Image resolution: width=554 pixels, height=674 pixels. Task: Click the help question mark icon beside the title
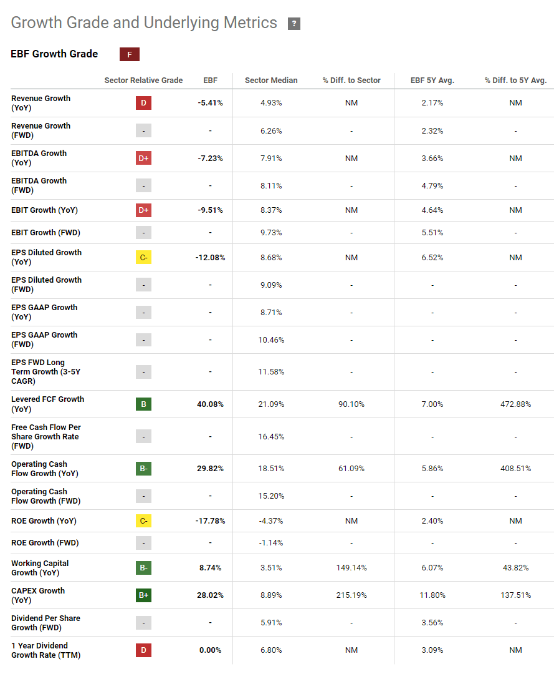[x=294, y=24]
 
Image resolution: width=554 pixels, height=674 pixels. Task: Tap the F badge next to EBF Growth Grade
[x=130, y=54]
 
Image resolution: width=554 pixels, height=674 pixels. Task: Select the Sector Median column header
[x=271, y=80]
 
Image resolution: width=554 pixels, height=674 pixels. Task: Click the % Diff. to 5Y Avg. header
[x=515, y=80]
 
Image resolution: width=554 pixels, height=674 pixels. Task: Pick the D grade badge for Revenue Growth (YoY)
[x=143, y=103]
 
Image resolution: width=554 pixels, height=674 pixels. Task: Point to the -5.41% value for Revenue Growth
[x=210, y=103]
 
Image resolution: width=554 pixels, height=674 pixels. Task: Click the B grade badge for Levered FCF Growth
[x=143, y=404]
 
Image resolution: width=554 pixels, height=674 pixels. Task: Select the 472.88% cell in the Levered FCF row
[x=515, y=404]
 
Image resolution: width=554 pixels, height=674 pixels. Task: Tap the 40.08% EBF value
[x=210, y=404]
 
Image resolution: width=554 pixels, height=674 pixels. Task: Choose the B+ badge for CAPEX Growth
[x=143, y=595]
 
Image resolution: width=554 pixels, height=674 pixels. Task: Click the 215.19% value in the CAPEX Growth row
[x=351, y=595]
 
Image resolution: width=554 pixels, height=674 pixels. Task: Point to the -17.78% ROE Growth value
[x=210, y=521]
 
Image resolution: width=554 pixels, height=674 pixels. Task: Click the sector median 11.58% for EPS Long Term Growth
[x=271, y=372]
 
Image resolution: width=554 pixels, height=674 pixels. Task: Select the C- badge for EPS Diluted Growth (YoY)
[x=143, y=258]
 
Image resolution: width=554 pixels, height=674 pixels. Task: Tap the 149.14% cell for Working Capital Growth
[x=351, y=568]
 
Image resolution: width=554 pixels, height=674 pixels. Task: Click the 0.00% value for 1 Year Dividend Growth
[x=210, y=650]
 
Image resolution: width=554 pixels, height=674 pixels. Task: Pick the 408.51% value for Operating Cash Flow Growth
[x=515, y=469]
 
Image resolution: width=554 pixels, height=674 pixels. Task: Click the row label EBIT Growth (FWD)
[x=45, y=233]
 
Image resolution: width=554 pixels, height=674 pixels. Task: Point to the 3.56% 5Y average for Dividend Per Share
[x=432, y=623]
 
